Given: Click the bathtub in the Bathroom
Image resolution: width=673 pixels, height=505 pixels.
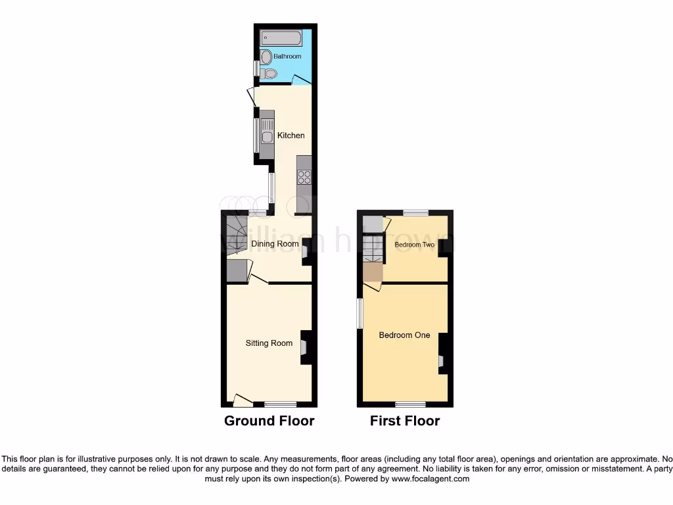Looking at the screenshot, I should pyautogui.click(x=281, y=37).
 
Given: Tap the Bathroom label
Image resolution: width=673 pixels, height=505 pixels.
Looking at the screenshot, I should pyautogui.click(x=287, y=57).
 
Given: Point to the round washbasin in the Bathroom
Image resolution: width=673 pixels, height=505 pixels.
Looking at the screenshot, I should pyautogui.click(x=266, y=58).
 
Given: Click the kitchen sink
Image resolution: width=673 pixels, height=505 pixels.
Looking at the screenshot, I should pyautogui.click(x=267, y=137).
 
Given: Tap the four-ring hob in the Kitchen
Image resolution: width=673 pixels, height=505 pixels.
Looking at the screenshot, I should pyautogui.click(x=304, y=176).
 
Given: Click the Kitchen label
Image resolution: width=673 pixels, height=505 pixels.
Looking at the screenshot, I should pyautogui.click(x=290, y=135).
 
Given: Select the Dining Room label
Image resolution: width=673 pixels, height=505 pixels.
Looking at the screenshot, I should pyautogui.click(x=275, y=244).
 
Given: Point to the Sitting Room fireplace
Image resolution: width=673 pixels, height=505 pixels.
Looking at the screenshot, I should pyautogui.click(x=305, y=347).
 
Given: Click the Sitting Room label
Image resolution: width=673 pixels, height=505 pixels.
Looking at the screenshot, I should pyautogui.click(x=269, y=343).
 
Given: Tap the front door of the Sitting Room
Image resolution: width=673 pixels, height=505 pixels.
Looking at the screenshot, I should pyautogui.click(x=243, y=399).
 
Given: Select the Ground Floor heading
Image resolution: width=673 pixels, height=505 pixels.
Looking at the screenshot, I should pyautogui.click(x=269, y=421).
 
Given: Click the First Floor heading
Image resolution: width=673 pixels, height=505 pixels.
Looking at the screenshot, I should pyautogui.click(x=405, y=421).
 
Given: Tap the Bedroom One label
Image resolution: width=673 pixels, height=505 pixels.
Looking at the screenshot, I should pyautogui.click(x=404, y=335).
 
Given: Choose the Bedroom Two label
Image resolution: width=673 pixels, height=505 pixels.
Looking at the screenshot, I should pyautogui.click(x=415, y=245).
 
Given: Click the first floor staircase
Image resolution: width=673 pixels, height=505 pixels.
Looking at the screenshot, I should pyautogui.click(x=373, y=249).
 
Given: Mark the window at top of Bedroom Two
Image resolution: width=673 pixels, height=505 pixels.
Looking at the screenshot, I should pyautogui.click(x=415, y=212).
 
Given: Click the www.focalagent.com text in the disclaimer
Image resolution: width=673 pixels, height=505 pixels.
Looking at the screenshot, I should pyautogui.click(x=430, y=479).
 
